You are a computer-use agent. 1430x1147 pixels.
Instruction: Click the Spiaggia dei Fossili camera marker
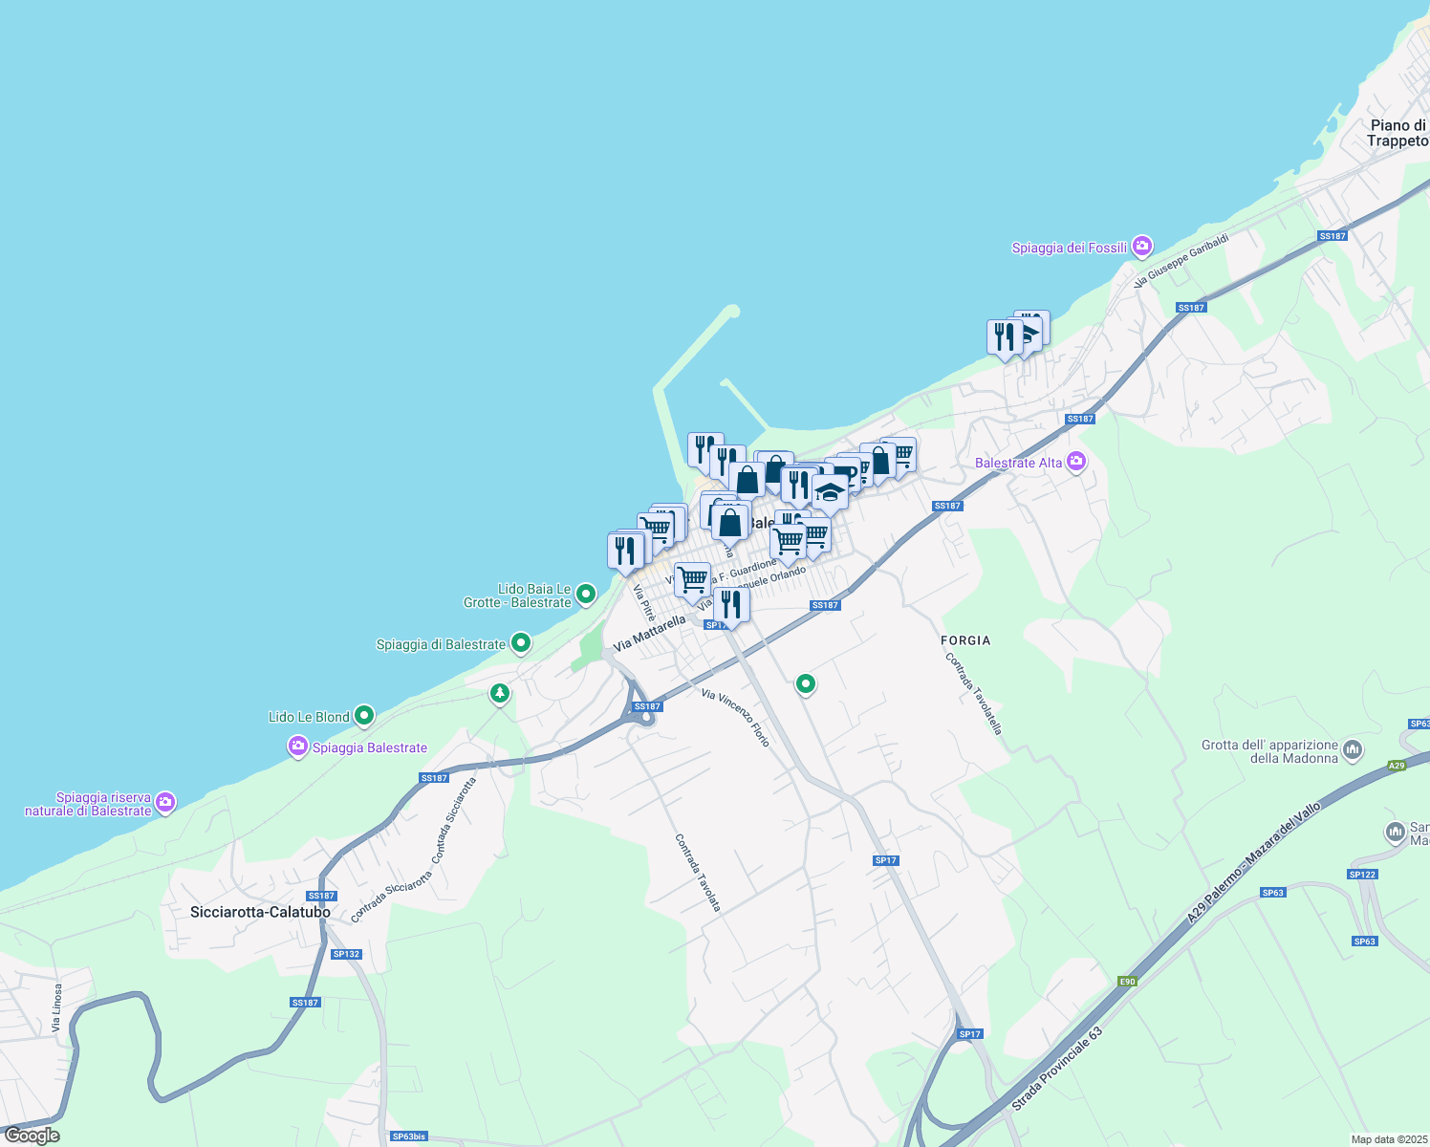(1141, 248)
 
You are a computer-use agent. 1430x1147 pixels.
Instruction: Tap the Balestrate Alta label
(1018, 463)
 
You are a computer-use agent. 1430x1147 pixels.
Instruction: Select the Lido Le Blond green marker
(363, 716)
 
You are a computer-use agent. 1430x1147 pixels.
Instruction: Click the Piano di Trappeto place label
(1397, 133)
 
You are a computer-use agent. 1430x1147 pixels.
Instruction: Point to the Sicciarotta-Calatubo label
(260, 912)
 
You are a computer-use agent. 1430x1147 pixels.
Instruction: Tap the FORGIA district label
(965, 640)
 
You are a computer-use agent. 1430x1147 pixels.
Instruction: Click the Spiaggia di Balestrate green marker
(520, 643)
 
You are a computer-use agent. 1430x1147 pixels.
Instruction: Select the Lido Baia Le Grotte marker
(586, 595)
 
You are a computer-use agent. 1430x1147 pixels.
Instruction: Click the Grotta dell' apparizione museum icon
(1352, 750)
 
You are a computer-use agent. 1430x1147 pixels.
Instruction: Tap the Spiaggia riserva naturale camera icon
(165, 802)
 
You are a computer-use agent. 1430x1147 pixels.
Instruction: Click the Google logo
(32, 1136)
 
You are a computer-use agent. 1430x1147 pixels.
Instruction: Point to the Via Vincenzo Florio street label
(735, 717)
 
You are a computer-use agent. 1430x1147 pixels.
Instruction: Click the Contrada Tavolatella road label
(973, 693)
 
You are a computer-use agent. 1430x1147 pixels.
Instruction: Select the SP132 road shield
(346, 954)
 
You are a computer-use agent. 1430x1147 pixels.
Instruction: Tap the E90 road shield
(1128, 981)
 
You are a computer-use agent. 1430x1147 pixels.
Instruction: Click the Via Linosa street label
(57, 1007)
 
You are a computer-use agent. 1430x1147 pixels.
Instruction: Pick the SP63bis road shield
(408, 1136)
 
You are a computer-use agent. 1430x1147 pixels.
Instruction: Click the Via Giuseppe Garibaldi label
(1181, 259)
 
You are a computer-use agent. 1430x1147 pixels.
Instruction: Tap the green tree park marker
(499, 693)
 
